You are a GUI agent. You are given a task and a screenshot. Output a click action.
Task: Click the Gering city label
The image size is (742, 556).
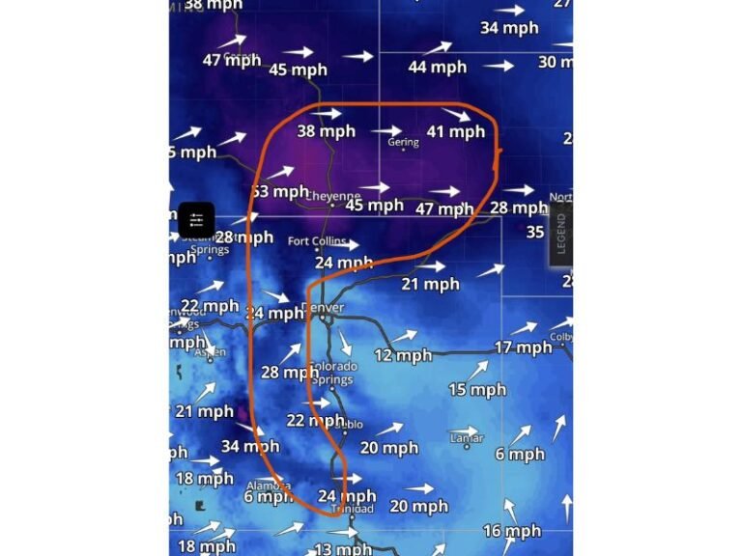403,143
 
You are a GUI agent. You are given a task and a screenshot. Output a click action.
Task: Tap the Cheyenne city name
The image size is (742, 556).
333,195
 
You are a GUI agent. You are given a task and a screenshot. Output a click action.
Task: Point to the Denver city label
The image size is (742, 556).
323,308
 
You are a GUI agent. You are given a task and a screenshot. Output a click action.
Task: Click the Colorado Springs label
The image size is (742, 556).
333,373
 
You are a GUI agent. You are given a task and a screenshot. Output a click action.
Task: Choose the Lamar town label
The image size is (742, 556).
467,438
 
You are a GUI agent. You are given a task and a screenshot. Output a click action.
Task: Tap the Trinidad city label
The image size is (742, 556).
352,509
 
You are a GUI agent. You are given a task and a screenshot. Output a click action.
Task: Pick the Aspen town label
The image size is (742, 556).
209,353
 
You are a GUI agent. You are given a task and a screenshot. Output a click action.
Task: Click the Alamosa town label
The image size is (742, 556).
269,486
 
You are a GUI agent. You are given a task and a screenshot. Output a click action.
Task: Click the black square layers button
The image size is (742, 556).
196,220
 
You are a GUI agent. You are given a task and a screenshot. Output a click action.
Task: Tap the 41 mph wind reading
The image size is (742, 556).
455,131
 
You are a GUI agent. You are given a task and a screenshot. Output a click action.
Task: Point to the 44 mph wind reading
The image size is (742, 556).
437,67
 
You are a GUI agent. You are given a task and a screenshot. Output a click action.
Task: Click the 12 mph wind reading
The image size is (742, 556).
403,355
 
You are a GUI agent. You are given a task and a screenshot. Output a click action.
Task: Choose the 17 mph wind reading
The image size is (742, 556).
523,347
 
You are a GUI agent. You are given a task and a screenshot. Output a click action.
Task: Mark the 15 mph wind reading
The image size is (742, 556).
477,390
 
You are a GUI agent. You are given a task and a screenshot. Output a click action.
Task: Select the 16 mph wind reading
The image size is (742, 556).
512,530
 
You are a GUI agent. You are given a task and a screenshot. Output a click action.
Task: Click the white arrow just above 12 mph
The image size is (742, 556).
405,336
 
